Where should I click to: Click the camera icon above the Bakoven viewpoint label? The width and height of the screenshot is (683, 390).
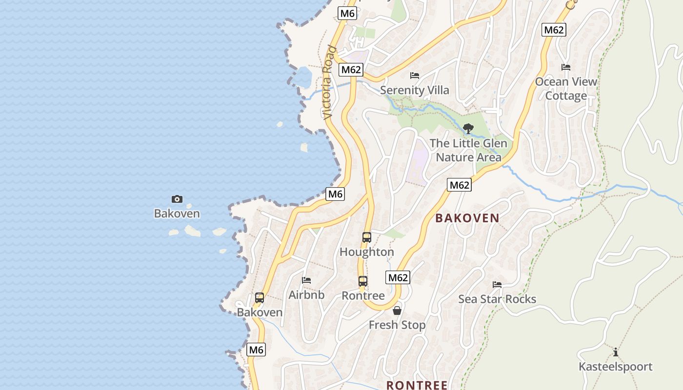tap(177, 199)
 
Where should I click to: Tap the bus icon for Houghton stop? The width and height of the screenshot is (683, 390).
tap(367, 237)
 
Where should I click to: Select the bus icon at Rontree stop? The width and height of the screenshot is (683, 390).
tap(363, 281)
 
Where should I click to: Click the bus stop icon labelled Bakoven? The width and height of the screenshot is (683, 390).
tap(260, 297)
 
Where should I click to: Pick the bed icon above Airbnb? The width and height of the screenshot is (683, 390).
tap(306, 280)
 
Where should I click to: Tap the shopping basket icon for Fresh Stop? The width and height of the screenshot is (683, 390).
tap(397, 311)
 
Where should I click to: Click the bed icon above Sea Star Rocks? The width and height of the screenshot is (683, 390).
tap(497, 284)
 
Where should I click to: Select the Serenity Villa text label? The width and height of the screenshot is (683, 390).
tap(415, 90)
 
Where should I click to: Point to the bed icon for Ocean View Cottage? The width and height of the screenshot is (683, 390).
tap(566, 67)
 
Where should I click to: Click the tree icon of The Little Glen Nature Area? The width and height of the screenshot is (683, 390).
tap(468, 129)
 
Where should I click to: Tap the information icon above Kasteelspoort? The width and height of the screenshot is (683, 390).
tap(616, 352)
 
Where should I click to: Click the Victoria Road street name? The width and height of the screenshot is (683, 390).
tap(329, 83)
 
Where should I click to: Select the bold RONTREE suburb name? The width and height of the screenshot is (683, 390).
tap(417, 385)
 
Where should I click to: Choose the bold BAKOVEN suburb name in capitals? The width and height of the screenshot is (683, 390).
tap(467, 218)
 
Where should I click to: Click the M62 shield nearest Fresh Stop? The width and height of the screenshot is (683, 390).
tap(398, 278)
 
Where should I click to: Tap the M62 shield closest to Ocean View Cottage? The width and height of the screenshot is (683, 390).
tap(554, 30)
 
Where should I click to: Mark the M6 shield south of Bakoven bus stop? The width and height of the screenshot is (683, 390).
tap(257, 350)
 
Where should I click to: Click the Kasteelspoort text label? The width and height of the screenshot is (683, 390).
tap(616, 367)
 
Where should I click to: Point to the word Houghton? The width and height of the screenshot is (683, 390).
tap(367, 252)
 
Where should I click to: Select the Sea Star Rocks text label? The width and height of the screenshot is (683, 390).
tap(497, 299)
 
